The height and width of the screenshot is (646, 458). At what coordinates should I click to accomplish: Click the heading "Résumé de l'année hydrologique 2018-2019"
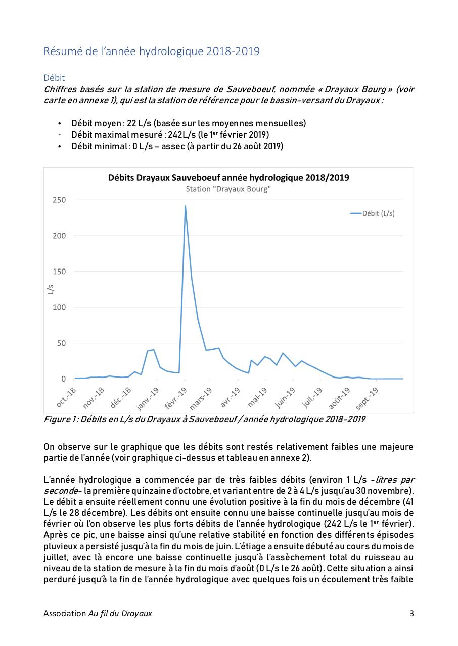click(152, 51)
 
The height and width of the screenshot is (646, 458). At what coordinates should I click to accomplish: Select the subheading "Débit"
click(54, 78)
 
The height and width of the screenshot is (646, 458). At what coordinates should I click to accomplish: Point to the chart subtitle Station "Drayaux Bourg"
click(228, 189)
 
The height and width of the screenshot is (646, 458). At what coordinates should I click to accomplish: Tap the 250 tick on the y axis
click(59, 200)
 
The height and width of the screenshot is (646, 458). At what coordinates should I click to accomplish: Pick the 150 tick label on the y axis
click(59, 272)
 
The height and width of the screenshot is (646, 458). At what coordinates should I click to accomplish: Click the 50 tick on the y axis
click(61, 343)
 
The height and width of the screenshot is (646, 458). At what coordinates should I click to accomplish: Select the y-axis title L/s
click(51, 289)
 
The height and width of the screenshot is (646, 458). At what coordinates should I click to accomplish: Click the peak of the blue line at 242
click(185, 206)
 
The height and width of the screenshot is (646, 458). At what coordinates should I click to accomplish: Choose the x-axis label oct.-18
click(66, 397)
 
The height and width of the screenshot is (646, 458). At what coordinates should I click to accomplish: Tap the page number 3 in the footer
click(411, 614)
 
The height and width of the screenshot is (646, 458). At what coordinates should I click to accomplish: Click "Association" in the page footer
click(65, 614)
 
